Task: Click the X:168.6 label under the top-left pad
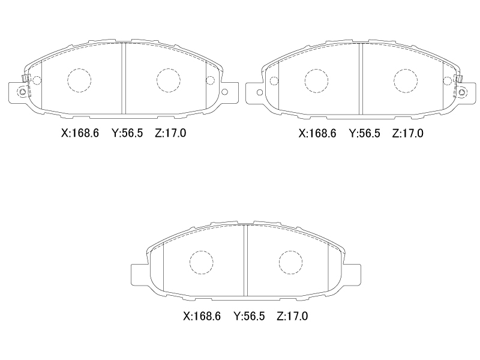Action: point(81,133)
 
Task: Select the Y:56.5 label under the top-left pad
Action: point(127,133)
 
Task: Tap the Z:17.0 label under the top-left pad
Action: point(170,133)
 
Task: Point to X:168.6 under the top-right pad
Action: point(318,133)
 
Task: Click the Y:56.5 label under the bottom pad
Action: point(249,316)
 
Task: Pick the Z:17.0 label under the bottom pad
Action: point(292,316)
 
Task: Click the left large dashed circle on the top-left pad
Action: point(78,80)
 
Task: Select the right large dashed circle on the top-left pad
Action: point(168,80)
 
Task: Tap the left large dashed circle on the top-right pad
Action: point(316,80)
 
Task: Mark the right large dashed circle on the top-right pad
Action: point(405,80)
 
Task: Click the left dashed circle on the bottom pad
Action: point(201,262)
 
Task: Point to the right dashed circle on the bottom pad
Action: point(290,262)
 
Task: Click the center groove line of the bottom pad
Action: point(245,262)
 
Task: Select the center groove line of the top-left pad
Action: point(123,78)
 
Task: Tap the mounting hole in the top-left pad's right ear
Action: point(226,92)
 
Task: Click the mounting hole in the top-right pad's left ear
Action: point(259,92)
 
